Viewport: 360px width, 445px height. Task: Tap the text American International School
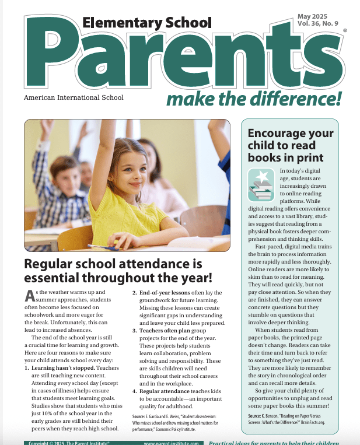click(x=74, y=98)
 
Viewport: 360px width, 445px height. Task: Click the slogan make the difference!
click(x=253, y=99)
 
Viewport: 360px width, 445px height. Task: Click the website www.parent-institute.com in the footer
click(x=170, y=442)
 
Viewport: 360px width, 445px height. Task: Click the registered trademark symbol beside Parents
click(x=345, y=30)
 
